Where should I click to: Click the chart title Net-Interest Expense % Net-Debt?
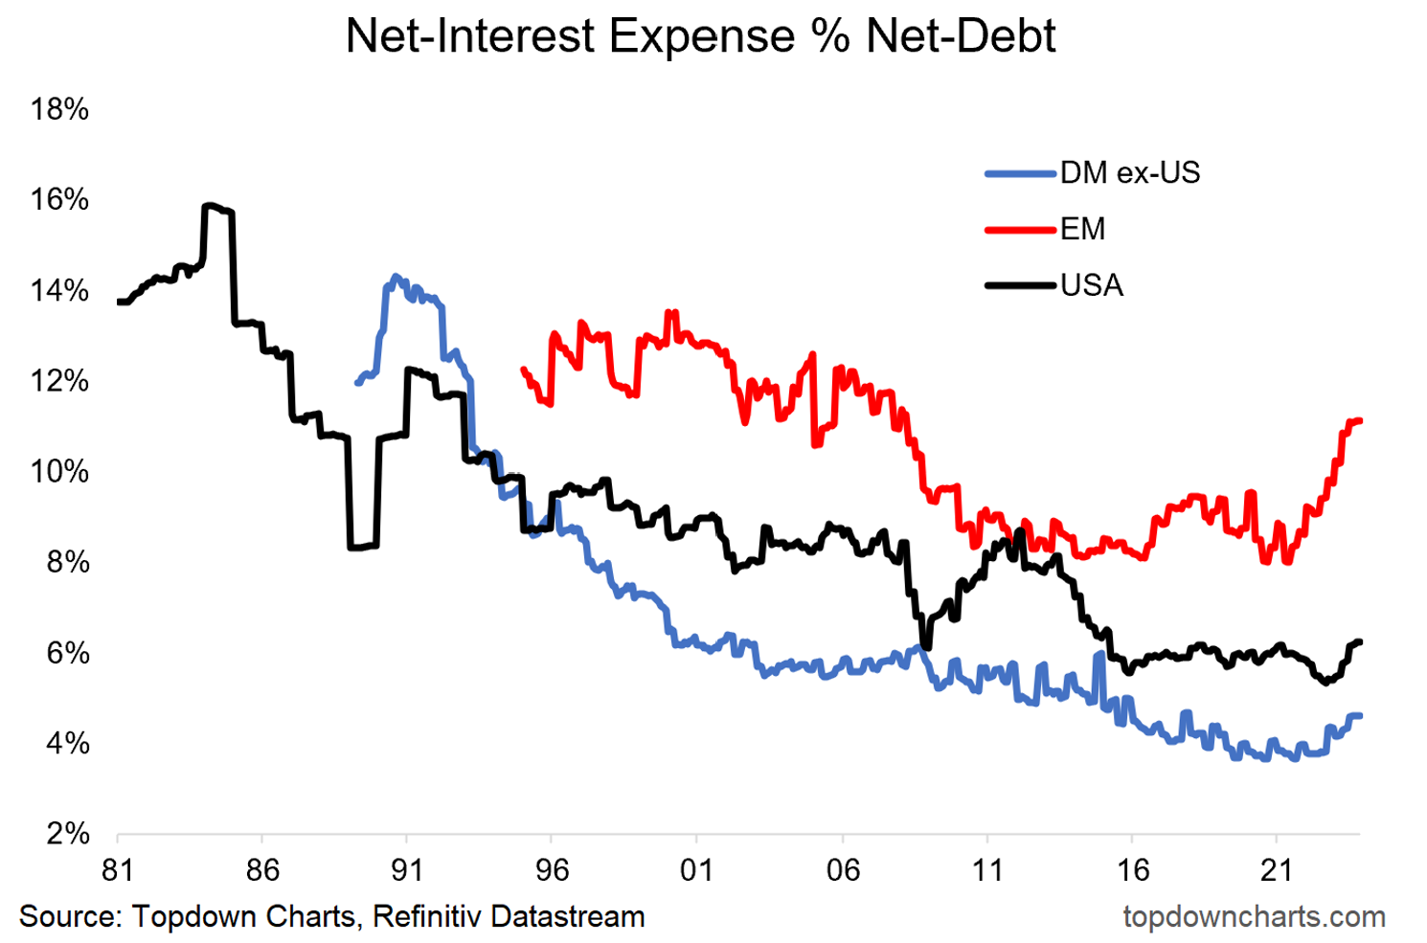700,36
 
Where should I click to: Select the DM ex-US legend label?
1129,172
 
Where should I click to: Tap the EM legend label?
1082,229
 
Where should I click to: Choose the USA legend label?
1091,285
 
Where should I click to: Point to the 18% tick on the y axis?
59,109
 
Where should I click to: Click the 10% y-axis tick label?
59,471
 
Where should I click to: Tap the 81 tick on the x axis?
117,870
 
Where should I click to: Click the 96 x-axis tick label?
552,870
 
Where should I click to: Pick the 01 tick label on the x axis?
696,870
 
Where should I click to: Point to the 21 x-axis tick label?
1276,870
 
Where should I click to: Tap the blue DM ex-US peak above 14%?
396,278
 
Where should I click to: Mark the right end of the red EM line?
1359,420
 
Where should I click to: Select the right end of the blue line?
1359,715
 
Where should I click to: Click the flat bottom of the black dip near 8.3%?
363,547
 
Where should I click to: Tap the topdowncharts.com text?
1254,916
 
